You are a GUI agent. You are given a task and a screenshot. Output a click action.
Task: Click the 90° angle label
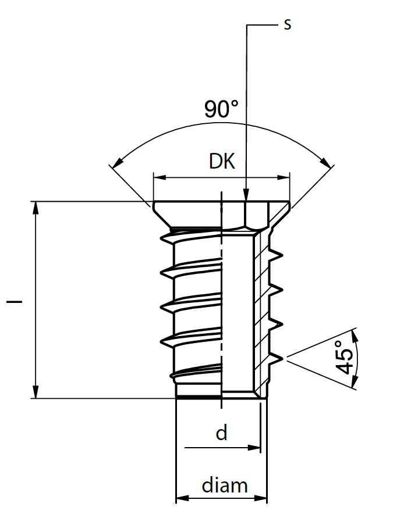221,109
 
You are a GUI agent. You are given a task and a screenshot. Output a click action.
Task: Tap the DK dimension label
222,161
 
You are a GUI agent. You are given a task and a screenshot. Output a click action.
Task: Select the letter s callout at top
288,24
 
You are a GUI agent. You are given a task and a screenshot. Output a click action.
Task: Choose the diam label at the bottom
225,485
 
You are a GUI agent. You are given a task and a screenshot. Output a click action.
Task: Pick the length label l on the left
15,301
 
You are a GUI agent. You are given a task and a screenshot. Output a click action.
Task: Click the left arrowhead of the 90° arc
118,163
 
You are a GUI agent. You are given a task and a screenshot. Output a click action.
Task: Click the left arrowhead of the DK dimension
160,177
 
